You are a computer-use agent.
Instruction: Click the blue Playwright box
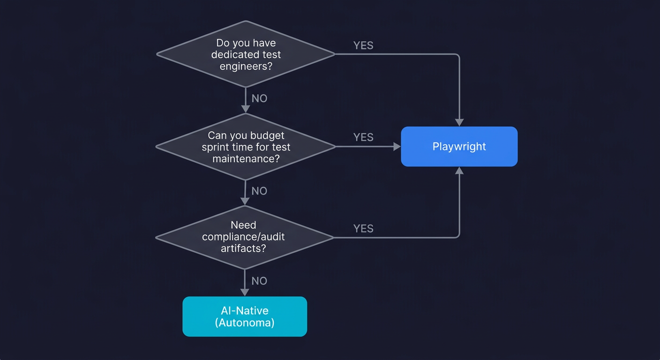tap(459, 146)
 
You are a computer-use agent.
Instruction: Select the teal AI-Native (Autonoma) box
tap(244, 316)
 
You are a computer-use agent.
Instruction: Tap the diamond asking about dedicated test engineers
tap(245, 54)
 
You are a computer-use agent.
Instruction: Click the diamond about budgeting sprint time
tap(245, 147)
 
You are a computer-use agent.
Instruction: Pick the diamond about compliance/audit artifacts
tap(244, 237)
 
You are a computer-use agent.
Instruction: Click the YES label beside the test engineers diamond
tap(363, 45)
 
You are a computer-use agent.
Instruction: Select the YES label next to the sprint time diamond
tap(363, 137)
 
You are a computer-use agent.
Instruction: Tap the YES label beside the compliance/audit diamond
tap(363, 228)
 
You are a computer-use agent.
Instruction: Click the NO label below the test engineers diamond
tap(259, 98)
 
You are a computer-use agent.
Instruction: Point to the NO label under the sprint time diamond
tap(259, 191)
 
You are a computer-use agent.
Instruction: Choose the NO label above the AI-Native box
tap(259, 281)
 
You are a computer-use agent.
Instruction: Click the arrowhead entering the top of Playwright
tap(459, 122)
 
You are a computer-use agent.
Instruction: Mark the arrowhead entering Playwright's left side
tap(397, 147)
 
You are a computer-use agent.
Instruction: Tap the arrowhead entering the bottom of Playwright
tap(459, 171)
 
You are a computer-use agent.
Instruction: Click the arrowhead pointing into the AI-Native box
tap(245, 292)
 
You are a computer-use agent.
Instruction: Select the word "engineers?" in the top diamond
tap(246, 66)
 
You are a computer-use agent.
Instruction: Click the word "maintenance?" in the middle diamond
tap(246, 158)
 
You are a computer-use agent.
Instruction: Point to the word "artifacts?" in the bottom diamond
tap(243, 248)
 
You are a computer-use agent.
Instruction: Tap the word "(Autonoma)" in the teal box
tap(244, 322)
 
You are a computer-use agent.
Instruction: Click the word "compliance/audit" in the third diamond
tap(243, 237)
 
